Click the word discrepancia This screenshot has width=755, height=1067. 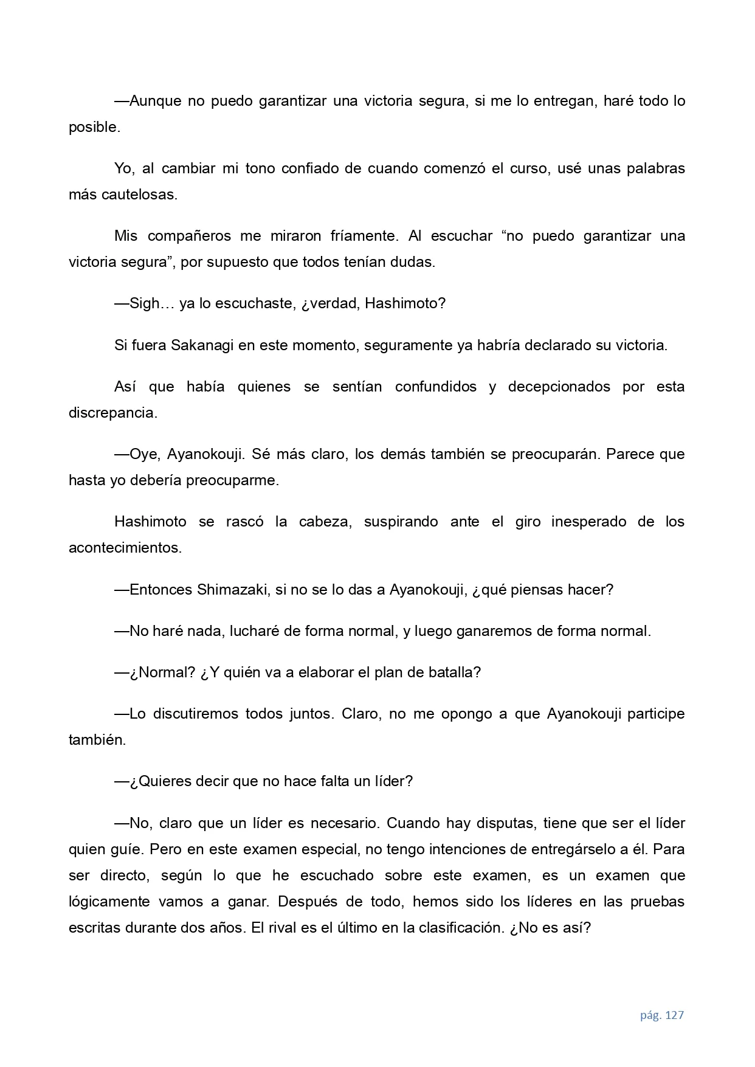pos(112,413)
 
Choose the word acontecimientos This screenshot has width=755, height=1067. pos(125,548)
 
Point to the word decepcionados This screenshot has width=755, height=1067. pos(559,387)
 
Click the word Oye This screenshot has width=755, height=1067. pos(144,455)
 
